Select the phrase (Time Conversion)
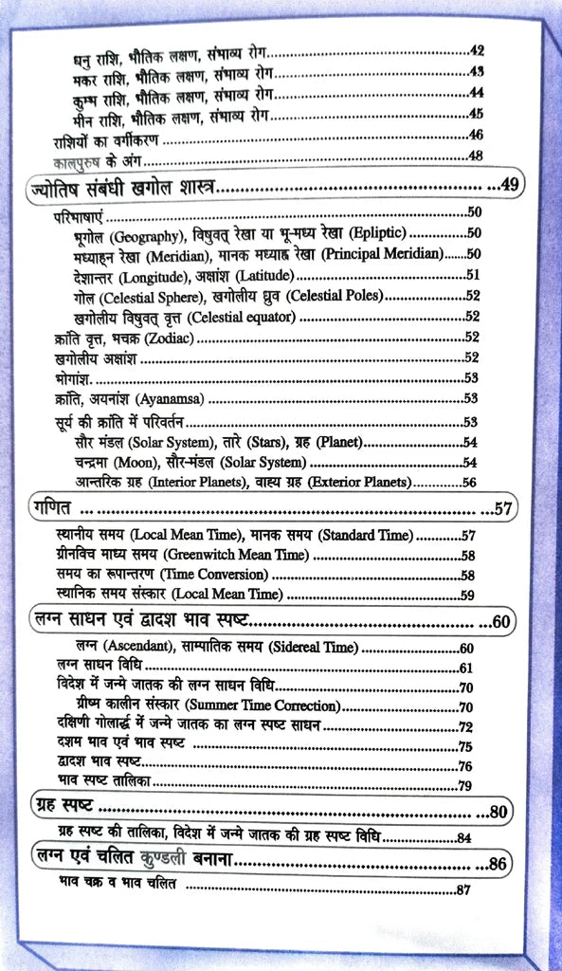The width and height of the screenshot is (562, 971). (x=213, y=575)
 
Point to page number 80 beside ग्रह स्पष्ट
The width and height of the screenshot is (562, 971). (x=499, y=811)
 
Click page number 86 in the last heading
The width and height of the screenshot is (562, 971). (x=499, y=864)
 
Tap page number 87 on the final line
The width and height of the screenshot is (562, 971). (x=463, y=889)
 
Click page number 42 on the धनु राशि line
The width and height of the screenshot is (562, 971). (x=477, y=50)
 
